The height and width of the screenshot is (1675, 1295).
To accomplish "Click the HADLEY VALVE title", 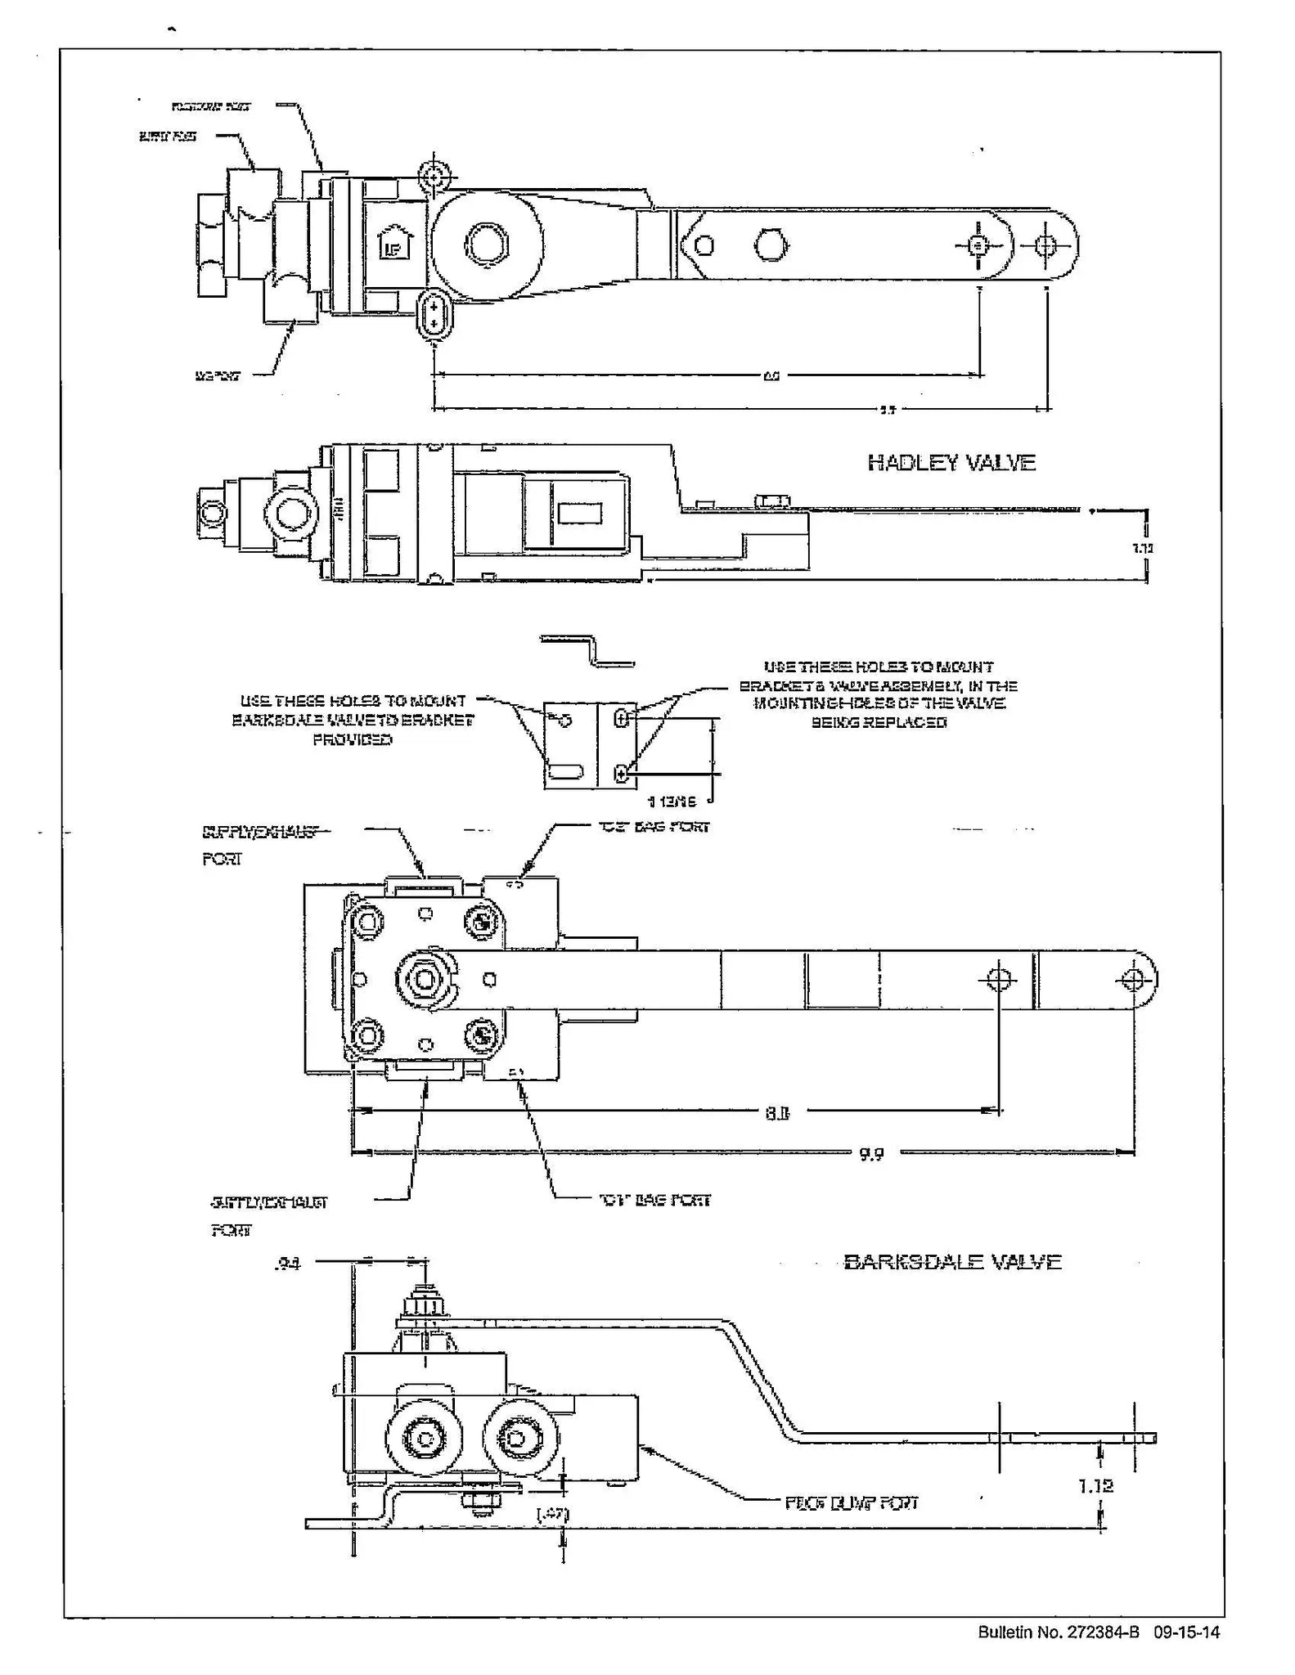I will click(x=951, y=463).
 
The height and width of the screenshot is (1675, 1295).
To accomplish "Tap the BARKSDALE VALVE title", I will click(x=952, y=1261).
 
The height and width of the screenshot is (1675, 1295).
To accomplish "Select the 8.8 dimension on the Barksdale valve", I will click(x=776, y=1111).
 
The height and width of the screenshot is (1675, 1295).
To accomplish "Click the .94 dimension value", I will click(x=288, y=1264).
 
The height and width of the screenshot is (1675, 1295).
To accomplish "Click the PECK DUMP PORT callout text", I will click(x=851, y=1502).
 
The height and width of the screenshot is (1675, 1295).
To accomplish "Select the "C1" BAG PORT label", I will click(x=654, y=1200).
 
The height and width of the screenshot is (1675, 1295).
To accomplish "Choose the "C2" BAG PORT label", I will click(x=654, y=827).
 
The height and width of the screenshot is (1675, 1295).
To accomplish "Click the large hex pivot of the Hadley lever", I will click(x=487, y=245).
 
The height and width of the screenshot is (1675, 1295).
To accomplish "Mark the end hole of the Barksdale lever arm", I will click(x=1133, y=979).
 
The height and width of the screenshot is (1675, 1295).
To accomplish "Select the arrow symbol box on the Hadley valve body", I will click(x=394, y=243).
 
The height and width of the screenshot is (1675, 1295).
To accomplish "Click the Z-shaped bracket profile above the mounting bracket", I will click(x=587, y=652).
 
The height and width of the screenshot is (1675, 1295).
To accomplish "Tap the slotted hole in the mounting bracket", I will click(x=564, y=770).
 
